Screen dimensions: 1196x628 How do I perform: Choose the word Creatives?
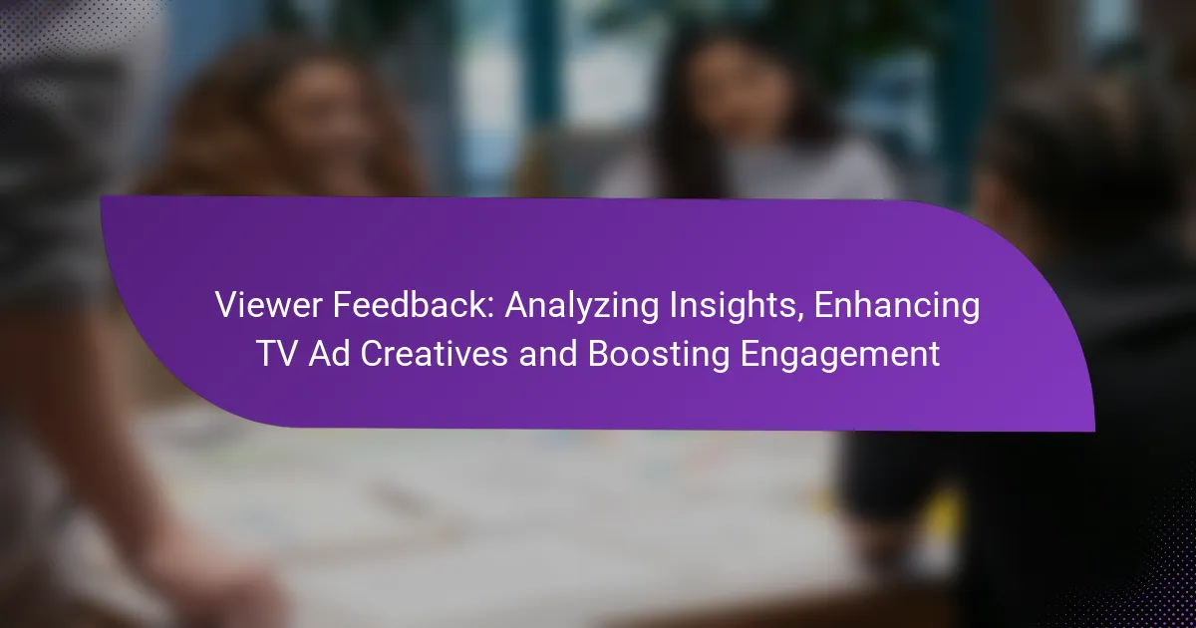435,354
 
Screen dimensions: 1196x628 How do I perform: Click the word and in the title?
548,354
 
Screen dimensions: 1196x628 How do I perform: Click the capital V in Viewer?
227,305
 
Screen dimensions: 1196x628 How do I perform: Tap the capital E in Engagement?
750,354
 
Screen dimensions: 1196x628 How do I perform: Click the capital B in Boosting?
600,354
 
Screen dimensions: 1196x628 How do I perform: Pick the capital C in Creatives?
373,354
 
